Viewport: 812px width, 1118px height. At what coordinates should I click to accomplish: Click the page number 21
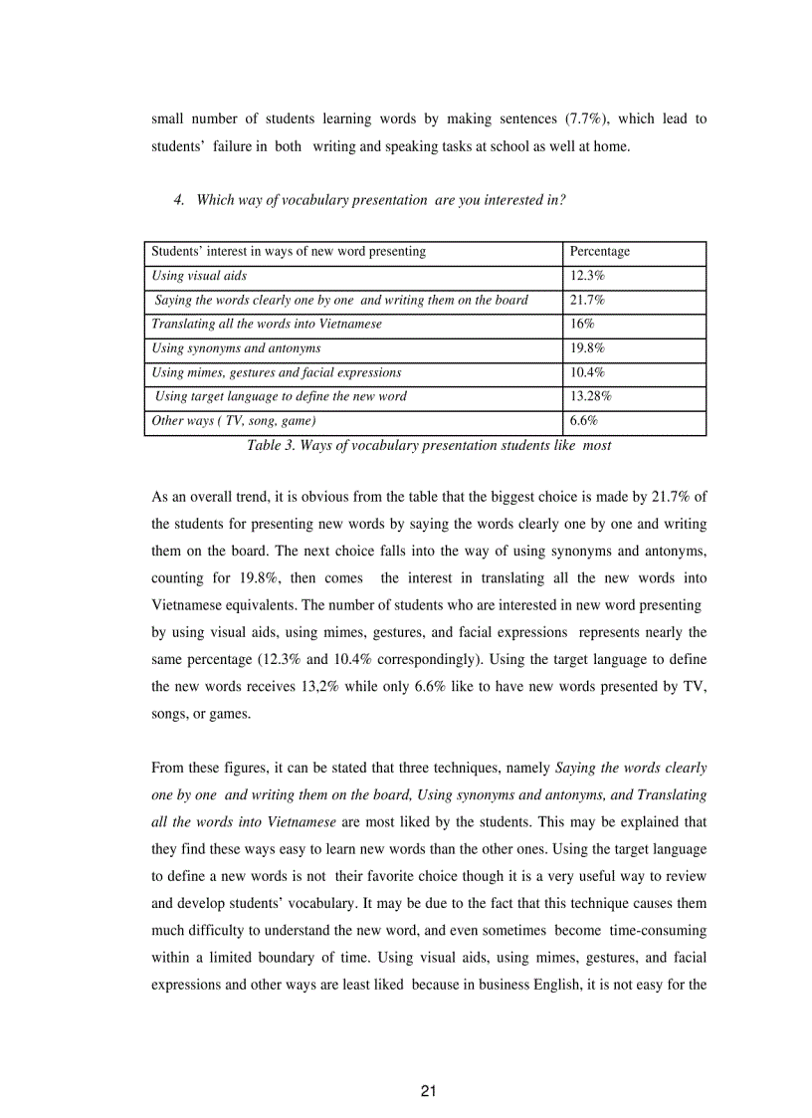coord(429,1091)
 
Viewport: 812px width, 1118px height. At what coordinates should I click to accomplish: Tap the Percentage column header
coord(599,252)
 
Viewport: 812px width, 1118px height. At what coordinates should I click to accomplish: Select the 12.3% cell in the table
coord(587,276)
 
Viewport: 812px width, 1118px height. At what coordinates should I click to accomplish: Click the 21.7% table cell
coord(587,300)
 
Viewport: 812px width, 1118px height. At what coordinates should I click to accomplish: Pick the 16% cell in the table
coord(582,325)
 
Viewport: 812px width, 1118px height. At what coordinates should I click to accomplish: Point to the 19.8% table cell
coord(587,348)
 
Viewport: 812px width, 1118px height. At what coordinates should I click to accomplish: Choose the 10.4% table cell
coord(587,372)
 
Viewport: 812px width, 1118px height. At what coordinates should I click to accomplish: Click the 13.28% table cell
coord(590,396)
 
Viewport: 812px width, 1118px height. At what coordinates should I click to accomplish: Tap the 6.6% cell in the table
coord(583,421)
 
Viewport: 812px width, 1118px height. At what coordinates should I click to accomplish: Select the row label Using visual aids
coord(199,276)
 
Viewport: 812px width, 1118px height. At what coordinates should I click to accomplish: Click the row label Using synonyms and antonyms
coord(236,348)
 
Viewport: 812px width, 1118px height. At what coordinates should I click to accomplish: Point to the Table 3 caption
coord(429,446)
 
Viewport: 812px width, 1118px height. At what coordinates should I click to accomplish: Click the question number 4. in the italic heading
coord(179,200)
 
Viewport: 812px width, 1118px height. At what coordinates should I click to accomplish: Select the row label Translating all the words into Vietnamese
coord(266,325)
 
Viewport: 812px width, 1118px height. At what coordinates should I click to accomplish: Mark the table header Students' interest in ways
coord(289,252)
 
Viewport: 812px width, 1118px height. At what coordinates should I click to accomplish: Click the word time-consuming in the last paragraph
coord(660,931)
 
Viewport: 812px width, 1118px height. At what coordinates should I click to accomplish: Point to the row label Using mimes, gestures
coord(276,372)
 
